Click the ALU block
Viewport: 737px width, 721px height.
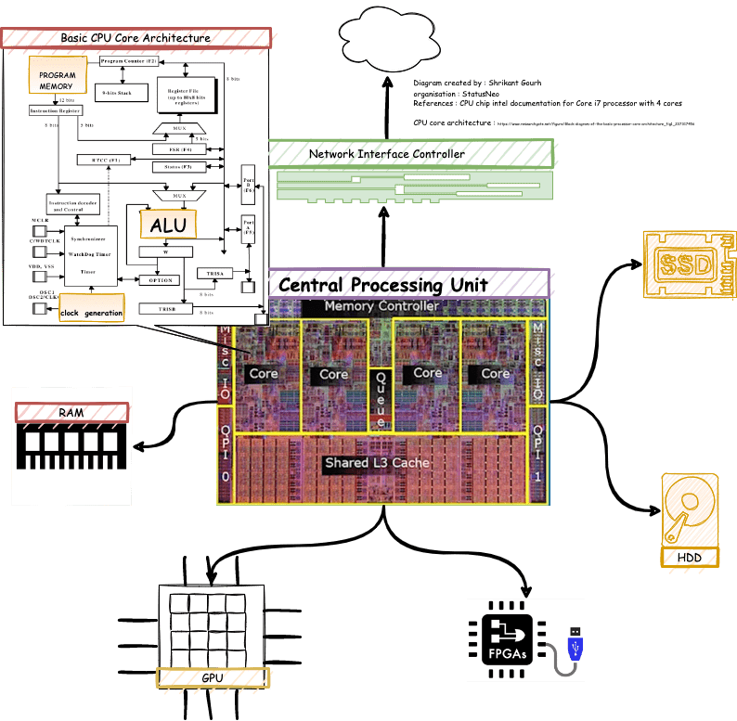tap(168, 225)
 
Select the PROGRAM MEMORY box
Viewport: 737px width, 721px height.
tap(57, 81)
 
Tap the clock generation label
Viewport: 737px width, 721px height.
tap(91, 313)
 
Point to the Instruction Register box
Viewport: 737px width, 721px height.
tap(56, 110)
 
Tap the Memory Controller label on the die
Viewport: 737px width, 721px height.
tap(381, 306)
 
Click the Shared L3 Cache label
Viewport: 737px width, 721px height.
tap(376, 462)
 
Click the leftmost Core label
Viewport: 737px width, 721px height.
tap(264, 373)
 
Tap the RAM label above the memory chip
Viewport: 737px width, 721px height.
tap(71, 412)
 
